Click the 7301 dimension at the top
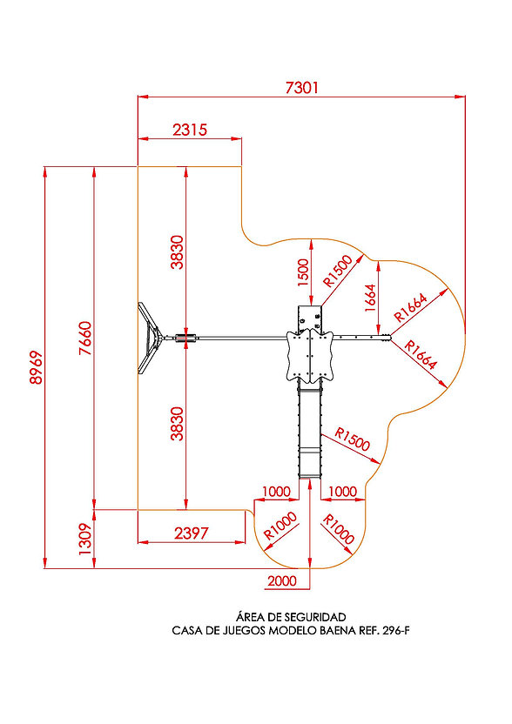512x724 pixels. coord(302,87)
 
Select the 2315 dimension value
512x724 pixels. coord(190,130)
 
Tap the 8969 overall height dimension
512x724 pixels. coord(36,367)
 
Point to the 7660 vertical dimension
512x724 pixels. coord(85,338)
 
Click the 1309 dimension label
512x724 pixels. coord(85,539)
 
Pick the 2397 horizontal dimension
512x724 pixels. coord(192,533)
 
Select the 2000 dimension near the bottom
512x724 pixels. coord(282,580)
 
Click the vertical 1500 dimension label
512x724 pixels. coord(303,272)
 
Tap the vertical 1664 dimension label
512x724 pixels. coord(371,298)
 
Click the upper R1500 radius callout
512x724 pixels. coord(338,271)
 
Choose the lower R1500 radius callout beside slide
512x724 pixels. coord(353,439)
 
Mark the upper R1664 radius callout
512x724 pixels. coord(411,307)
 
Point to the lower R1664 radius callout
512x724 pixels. coord(421,355)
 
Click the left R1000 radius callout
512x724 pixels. coord(280,526)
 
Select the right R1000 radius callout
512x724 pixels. coord(338,529)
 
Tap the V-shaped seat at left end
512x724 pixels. coord(149,338)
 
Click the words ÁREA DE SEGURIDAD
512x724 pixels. coord(291,617)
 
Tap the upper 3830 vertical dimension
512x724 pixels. coord(178,252)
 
